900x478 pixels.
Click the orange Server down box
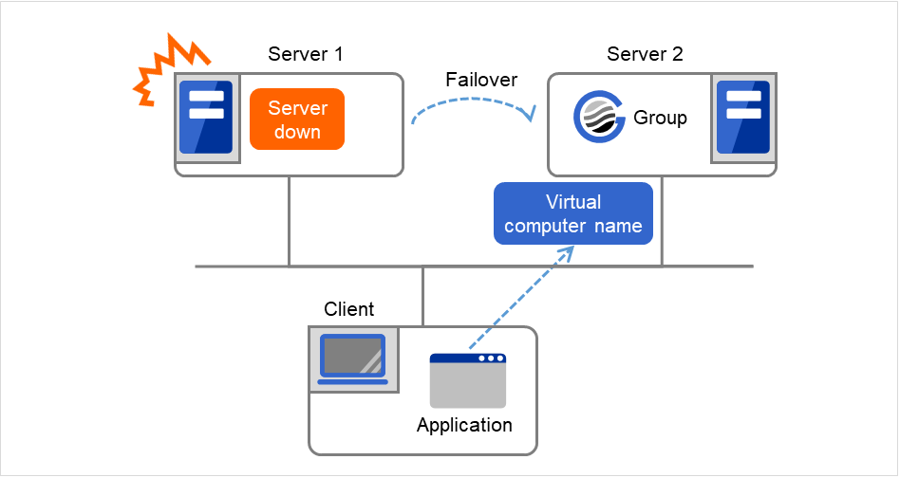296,120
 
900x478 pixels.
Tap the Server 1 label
306,54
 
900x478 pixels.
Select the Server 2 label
645,54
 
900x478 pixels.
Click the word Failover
479,80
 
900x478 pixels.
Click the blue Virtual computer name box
573,213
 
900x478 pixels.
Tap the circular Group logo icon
600,119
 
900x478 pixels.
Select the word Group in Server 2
660,119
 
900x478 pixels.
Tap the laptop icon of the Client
353,358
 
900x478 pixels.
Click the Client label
349,309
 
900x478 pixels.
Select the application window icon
468,381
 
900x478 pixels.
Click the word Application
464,425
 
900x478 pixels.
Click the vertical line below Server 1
289,221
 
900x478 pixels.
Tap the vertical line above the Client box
423,296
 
